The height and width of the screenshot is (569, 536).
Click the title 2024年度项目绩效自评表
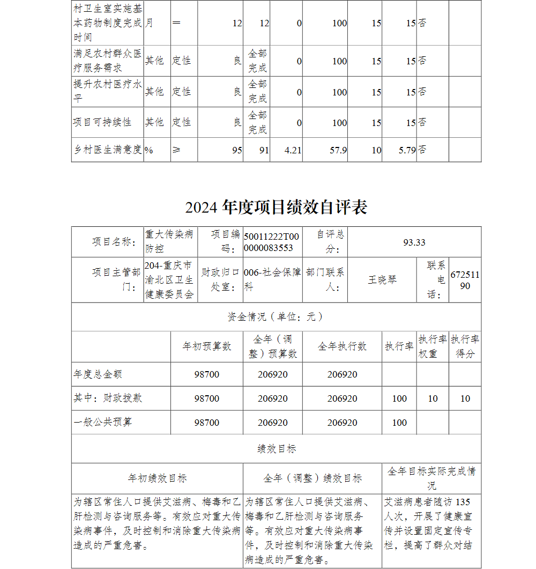276,208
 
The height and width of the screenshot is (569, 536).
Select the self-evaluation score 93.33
414,242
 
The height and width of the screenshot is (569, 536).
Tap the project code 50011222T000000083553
272,242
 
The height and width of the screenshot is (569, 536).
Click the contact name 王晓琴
382,280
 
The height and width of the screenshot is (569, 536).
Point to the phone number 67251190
465,280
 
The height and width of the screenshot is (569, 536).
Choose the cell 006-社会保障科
272,280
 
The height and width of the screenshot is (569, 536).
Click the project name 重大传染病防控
169,242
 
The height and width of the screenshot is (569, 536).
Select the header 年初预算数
207,346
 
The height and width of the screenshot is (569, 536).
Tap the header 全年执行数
342,346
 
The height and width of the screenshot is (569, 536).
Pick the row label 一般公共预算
102,422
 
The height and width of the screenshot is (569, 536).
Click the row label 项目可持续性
102,122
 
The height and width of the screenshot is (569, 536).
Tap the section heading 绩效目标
276,449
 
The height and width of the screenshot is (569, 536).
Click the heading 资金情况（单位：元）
276,317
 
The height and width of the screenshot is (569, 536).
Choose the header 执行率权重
433,346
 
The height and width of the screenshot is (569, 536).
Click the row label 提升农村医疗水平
107,92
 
